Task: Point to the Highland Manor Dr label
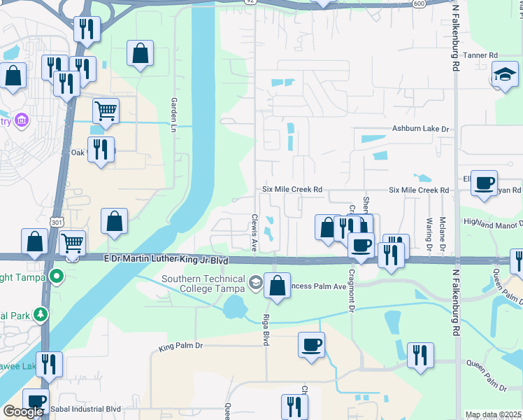point(492,223)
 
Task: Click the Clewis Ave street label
point(255,232)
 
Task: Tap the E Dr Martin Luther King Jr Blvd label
point(166,260)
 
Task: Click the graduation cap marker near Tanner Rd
point(504,74)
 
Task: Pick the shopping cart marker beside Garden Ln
point(106,111)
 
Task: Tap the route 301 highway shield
point(55,222)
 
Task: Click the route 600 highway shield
point(419,3)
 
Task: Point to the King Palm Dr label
point(180,346)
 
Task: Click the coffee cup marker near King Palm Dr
point(311,344)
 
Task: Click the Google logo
point(23,412)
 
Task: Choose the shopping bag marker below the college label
point(278,286)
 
